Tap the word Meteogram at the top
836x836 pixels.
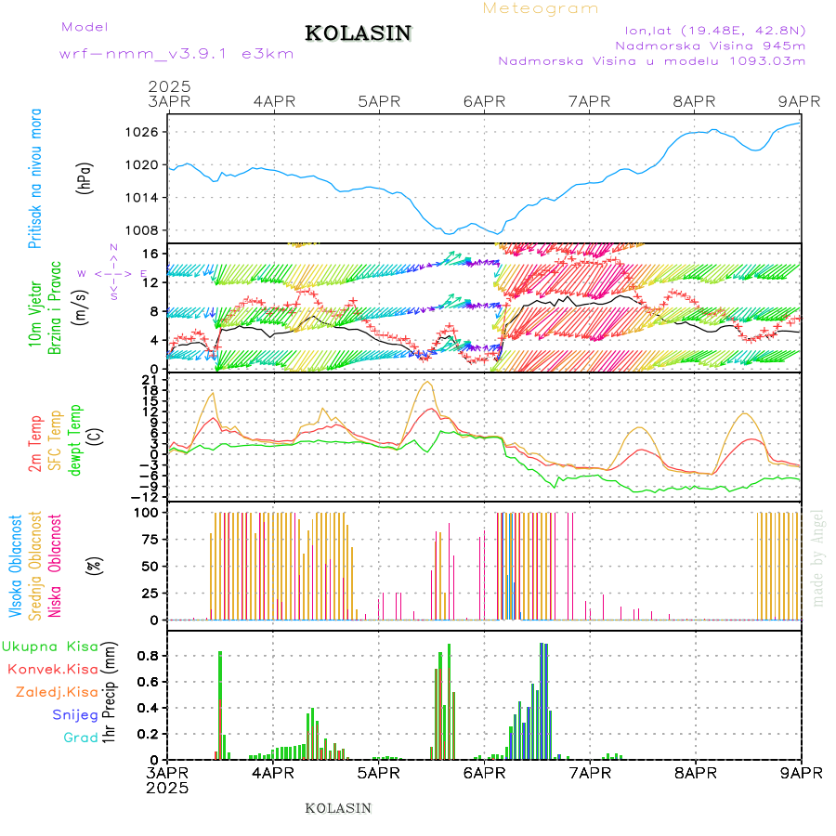click(x=541, y=8)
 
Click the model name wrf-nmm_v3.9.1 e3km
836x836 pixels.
click(x=176, y=54)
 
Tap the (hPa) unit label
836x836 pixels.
click(x=85, y=176)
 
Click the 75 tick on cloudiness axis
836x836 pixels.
click(x=149, y=539)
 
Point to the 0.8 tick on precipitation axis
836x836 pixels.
click(x=149, y=655)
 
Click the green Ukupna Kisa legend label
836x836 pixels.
click(x=50, y=646)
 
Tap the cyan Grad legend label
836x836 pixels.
click(x=81, y=738)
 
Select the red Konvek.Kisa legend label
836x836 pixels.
click(x=52, y=669)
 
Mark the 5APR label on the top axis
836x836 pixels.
click(x=378, y=101)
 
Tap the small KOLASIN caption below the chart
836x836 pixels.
click(x=338, y=808)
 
